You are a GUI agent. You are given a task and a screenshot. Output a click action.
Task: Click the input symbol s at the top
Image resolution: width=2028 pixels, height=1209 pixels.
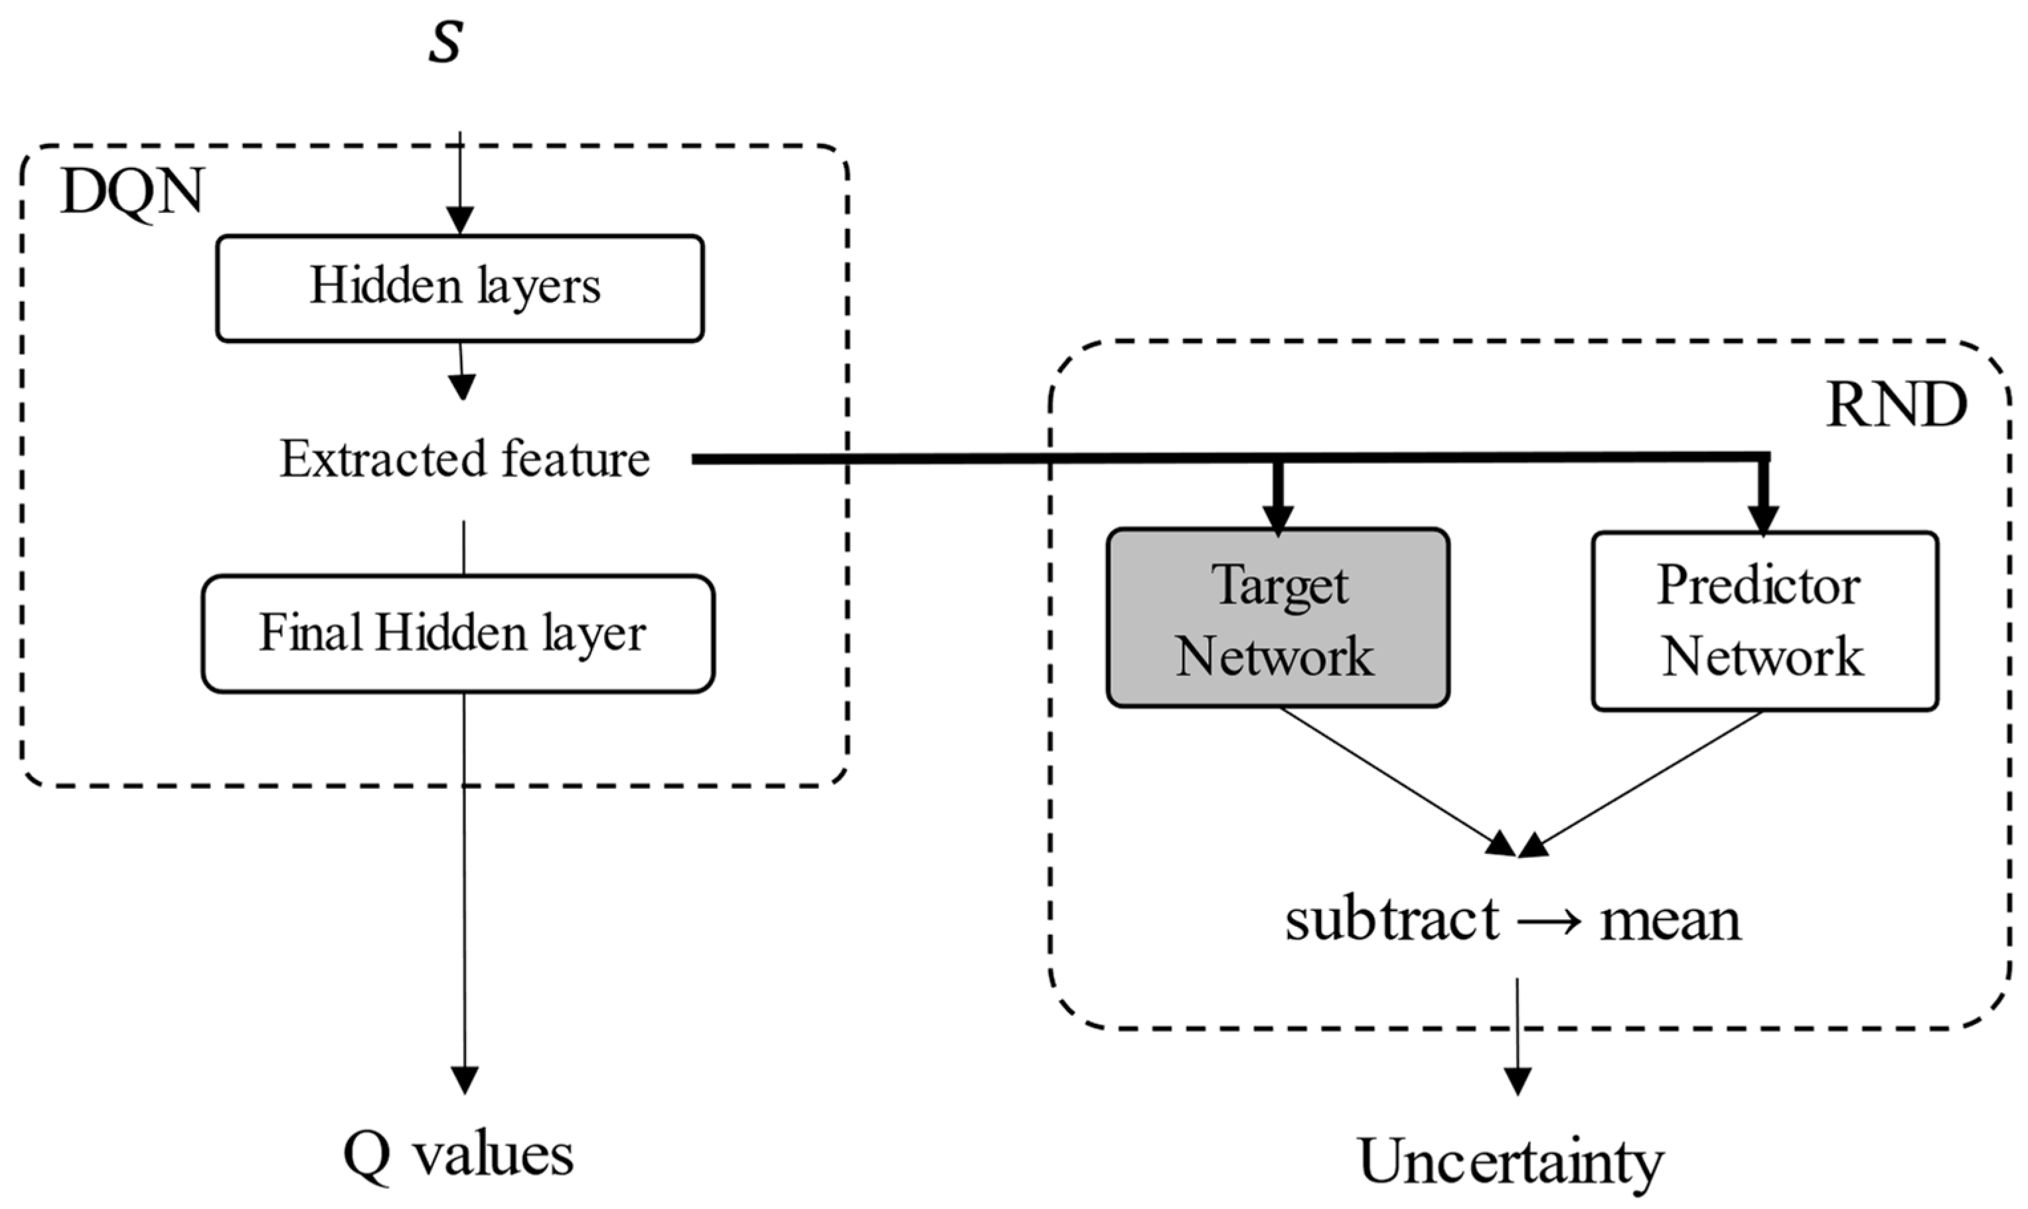pos(445,42)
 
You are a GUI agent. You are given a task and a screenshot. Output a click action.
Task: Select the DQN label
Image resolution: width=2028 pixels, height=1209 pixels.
pos(132,194)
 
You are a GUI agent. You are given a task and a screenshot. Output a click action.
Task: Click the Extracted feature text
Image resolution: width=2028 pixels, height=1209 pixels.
pos(465,459)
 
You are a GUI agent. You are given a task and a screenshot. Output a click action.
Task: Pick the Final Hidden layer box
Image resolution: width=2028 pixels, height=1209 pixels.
pos(458,634)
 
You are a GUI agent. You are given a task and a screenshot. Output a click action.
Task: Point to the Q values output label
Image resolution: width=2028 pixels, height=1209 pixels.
pos(458,1155)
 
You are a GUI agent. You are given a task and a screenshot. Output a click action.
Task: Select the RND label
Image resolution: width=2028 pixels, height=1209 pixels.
pos(1897,405)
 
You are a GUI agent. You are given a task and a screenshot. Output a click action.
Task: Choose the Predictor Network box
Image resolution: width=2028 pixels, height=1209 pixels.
pos(1764,622)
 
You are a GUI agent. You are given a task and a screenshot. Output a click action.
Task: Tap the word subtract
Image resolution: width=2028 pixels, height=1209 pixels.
pos(1391,920)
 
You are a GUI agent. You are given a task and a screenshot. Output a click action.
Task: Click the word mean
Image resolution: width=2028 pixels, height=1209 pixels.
pos(1670,920)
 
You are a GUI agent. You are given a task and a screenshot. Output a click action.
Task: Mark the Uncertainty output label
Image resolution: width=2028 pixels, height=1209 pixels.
pos(1512,1162)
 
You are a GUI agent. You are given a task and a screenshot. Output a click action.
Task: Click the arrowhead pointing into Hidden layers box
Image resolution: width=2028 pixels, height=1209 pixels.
pos(460,220)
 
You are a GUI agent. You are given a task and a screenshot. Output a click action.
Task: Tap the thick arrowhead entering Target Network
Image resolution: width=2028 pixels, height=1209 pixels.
pos(1279,518)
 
